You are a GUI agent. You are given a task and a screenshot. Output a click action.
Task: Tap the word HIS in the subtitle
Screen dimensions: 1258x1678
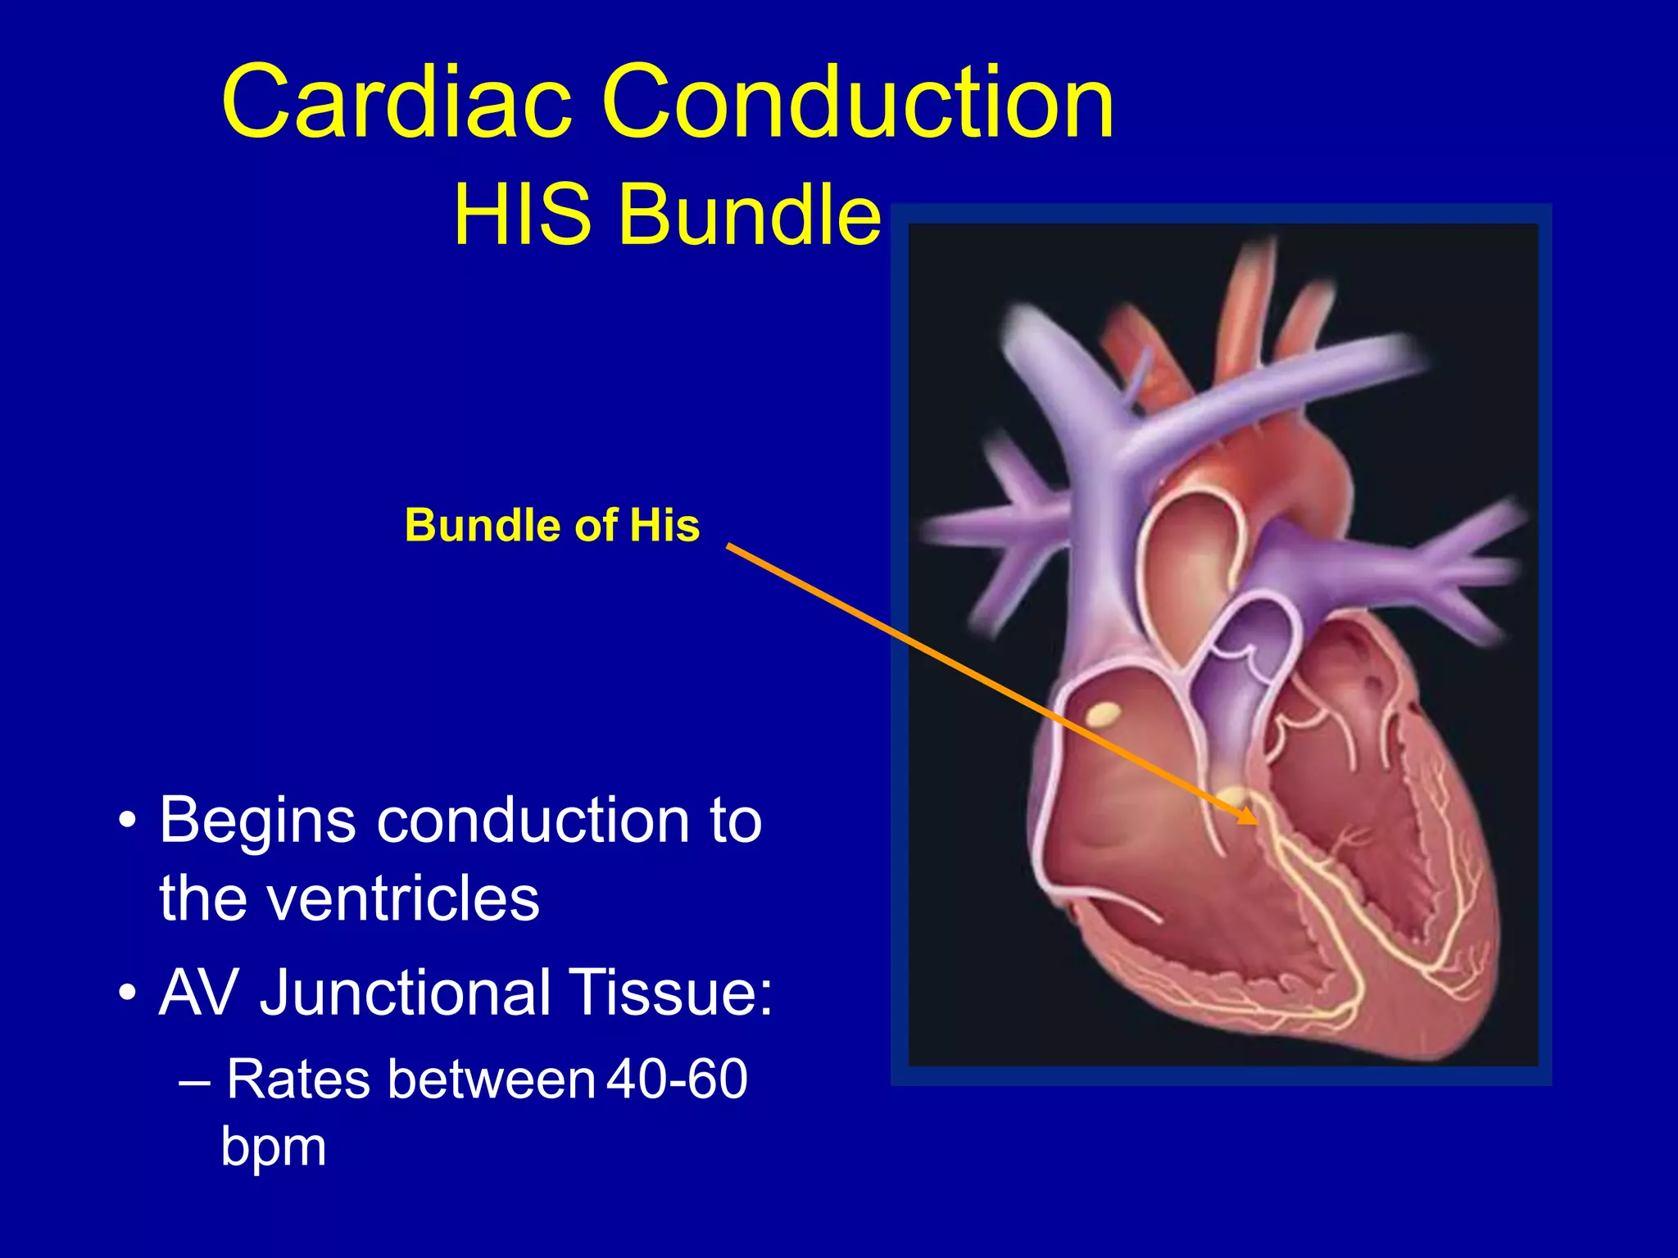(x=522, y=215)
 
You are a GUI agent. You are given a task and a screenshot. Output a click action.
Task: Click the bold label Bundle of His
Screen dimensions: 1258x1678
(x=552, y=525)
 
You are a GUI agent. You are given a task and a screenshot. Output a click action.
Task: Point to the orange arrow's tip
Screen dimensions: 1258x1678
(x=1254, y=821)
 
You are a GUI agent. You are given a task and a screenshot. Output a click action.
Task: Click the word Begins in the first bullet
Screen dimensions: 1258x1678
(x=258, y=821)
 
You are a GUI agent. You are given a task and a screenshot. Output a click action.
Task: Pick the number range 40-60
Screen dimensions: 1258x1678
(x=677, y=1079)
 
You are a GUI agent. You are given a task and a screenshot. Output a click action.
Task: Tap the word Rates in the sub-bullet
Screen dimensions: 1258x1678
(x=298, y=1079)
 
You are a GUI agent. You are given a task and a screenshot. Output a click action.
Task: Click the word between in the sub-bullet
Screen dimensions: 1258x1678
(x=491, y=1079)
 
